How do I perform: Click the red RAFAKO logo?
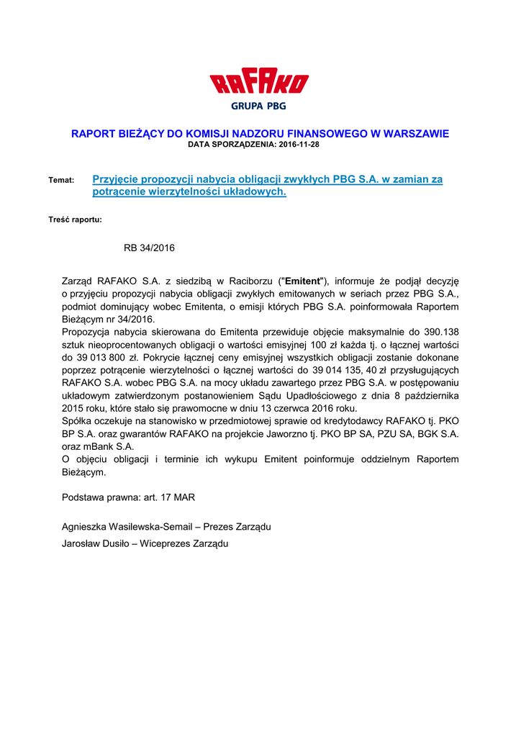click(x=259, y=83)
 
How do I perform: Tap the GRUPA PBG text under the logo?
click(x=258, y=106)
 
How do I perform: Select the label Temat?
click(x=61, y=180)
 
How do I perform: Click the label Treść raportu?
click(x=75, y=219)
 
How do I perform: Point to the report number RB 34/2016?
click(x=149, y=248)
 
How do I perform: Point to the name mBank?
click(x=95, y=446)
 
